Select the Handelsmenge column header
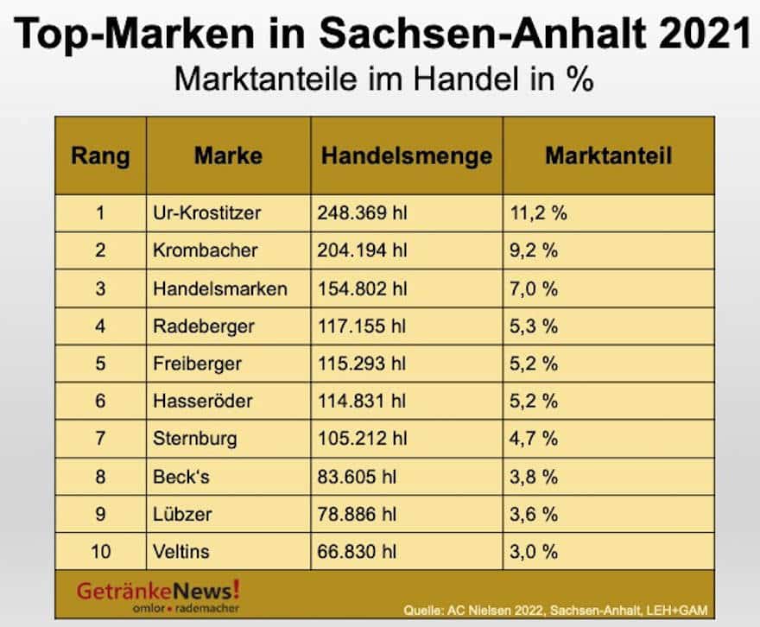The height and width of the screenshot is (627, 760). [407, 156]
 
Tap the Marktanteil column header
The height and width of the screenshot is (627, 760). [608, 156]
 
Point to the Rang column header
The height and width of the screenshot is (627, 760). [100, 156]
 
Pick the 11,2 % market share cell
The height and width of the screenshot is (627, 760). [536, 213]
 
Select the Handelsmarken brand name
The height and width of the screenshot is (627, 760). [219, 288]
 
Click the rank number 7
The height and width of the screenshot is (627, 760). [100, 439]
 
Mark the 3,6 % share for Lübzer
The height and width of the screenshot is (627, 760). [534, 514]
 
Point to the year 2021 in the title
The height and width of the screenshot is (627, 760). [700, 34]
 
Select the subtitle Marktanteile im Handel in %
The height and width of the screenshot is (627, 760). [383, 79]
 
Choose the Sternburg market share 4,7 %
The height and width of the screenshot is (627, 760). [534, 439]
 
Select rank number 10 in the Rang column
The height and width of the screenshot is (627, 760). [100, 551]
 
